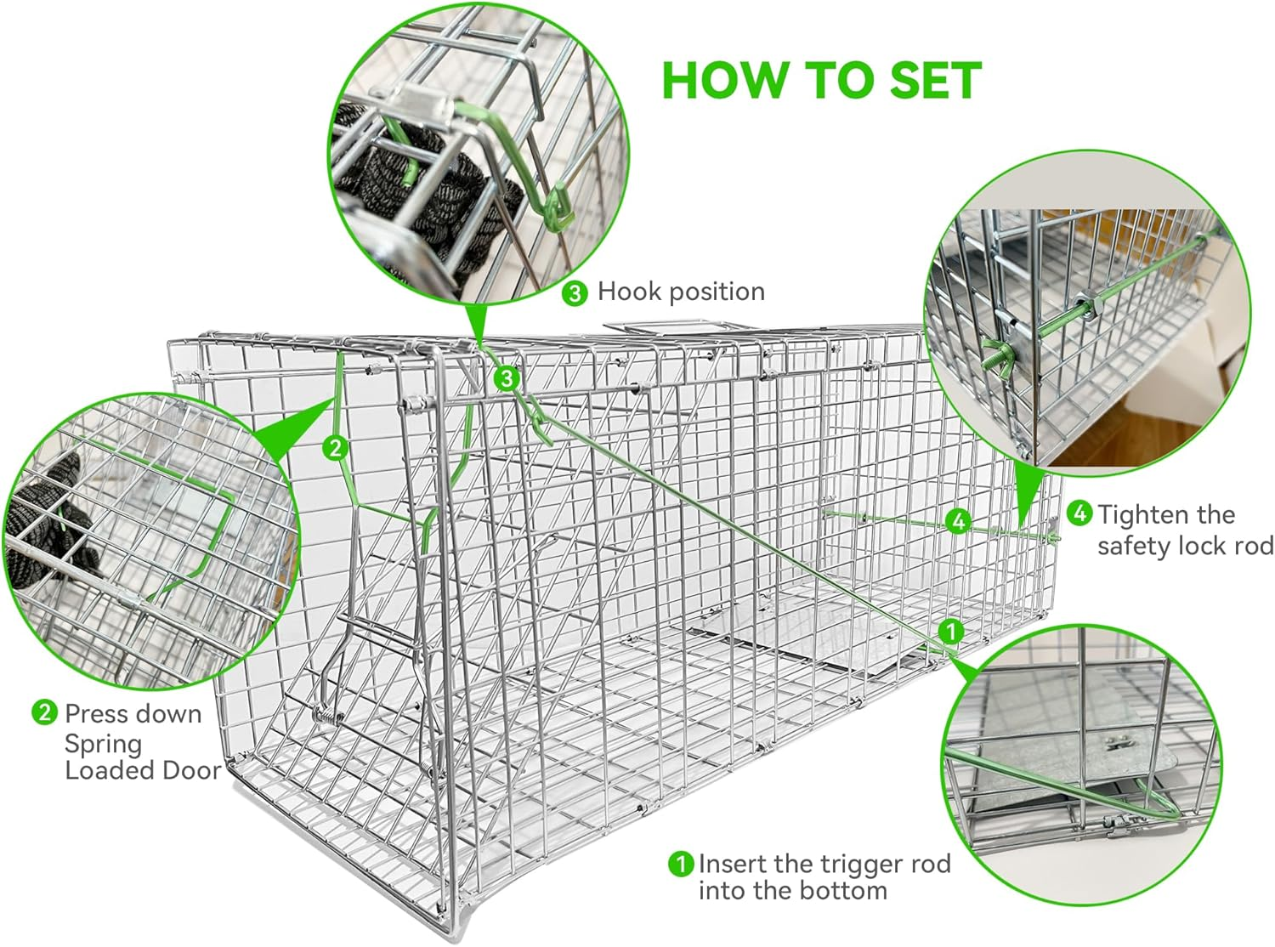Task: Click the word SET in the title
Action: pos(935,81)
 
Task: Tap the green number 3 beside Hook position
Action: pos(575,294)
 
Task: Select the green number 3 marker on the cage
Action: pos(507,377)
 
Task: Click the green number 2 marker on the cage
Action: pos(336,447)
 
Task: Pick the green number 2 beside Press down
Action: pos(45,712)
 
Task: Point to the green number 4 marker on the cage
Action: pos(959,520)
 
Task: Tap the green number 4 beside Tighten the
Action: pos(1080,513)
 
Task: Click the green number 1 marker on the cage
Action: pos(950,632)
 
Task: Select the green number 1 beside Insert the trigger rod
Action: pos(681,865)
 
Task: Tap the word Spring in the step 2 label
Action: pos(103,744)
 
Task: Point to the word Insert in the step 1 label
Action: pos(734,865)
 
